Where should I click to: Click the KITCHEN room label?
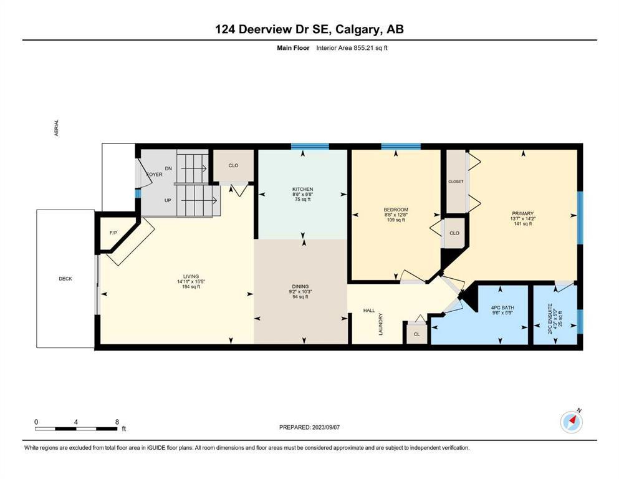click(302, 189)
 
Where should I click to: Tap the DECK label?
click(65, 278)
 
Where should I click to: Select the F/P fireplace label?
click(113, 233)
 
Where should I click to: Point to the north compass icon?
click(571, 422)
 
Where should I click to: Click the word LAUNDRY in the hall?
click(381, 324)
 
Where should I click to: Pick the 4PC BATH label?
click(502, 307)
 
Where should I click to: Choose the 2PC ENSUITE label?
click(550, 319)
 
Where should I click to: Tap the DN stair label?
click(168, 168)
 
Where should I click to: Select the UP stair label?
click(168, 200)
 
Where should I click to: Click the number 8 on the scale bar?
click(117, 422)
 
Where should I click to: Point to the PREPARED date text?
click(309, 427)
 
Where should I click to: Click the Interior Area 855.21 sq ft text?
click(352, 48)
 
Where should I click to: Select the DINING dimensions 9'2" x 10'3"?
click(300, 291)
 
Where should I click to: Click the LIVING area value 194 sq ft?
click(191, 287)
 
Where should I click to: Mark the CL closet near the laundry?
click(417, 334)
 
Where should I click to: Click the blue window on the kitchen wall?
click(310, 147)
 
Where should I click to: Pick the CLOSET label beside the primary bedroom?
click(456, 181)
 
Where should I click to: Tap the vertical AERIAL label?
click(56, 128)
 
